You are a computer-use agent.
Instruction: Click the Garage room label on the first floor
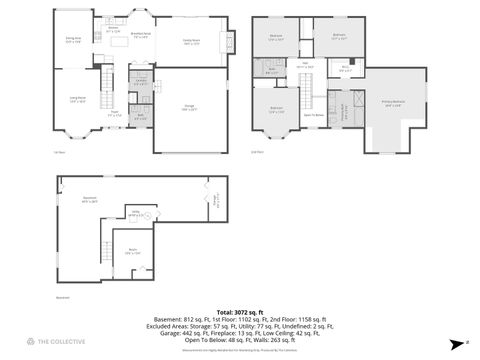click(188, 107)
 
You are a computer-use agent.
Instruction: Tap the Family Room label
click(192, 41)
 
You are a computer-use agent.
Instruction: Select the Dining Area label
click(73, 41)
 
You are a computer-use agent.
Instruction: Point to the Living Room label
click(77, 99)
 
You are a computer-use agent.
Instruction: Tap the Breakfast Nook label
click(155, 34)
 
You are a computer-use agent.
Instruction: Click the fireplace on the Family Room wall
click(232, 43)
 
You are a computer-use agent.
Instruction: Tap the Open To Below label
click(312, 115)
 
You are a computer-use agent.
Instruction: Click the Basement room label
click(90, 200)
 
